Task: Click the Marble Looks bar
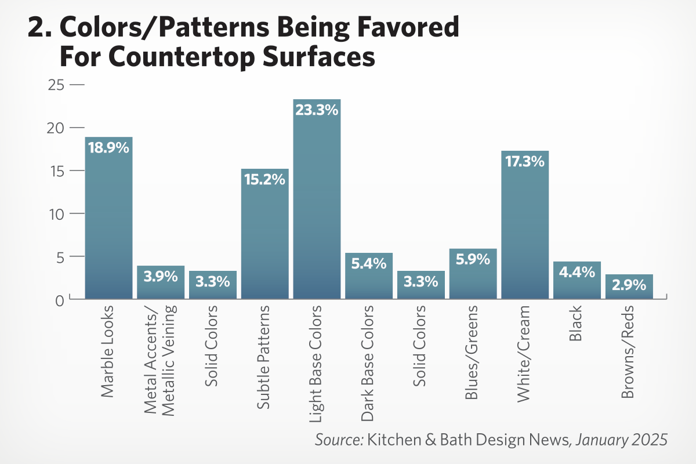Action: [108, 220]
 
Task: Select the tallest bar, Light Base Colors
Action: [317, 203]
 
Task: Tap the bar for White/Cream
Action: [525, 226]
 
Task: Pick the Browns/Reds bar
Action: [629, 287]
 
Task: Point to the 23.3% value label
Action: [317, 110]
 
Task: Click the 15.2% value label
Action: [264, 179]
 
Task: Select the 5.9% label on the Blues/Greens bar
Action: [473, 259]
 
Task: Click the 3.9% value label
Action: [161, 276]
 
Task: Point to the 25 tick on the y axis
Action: [56, 85]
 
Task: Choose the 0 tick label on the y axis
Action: [60, 300]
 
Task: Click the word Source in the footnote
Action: [339, 439]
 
